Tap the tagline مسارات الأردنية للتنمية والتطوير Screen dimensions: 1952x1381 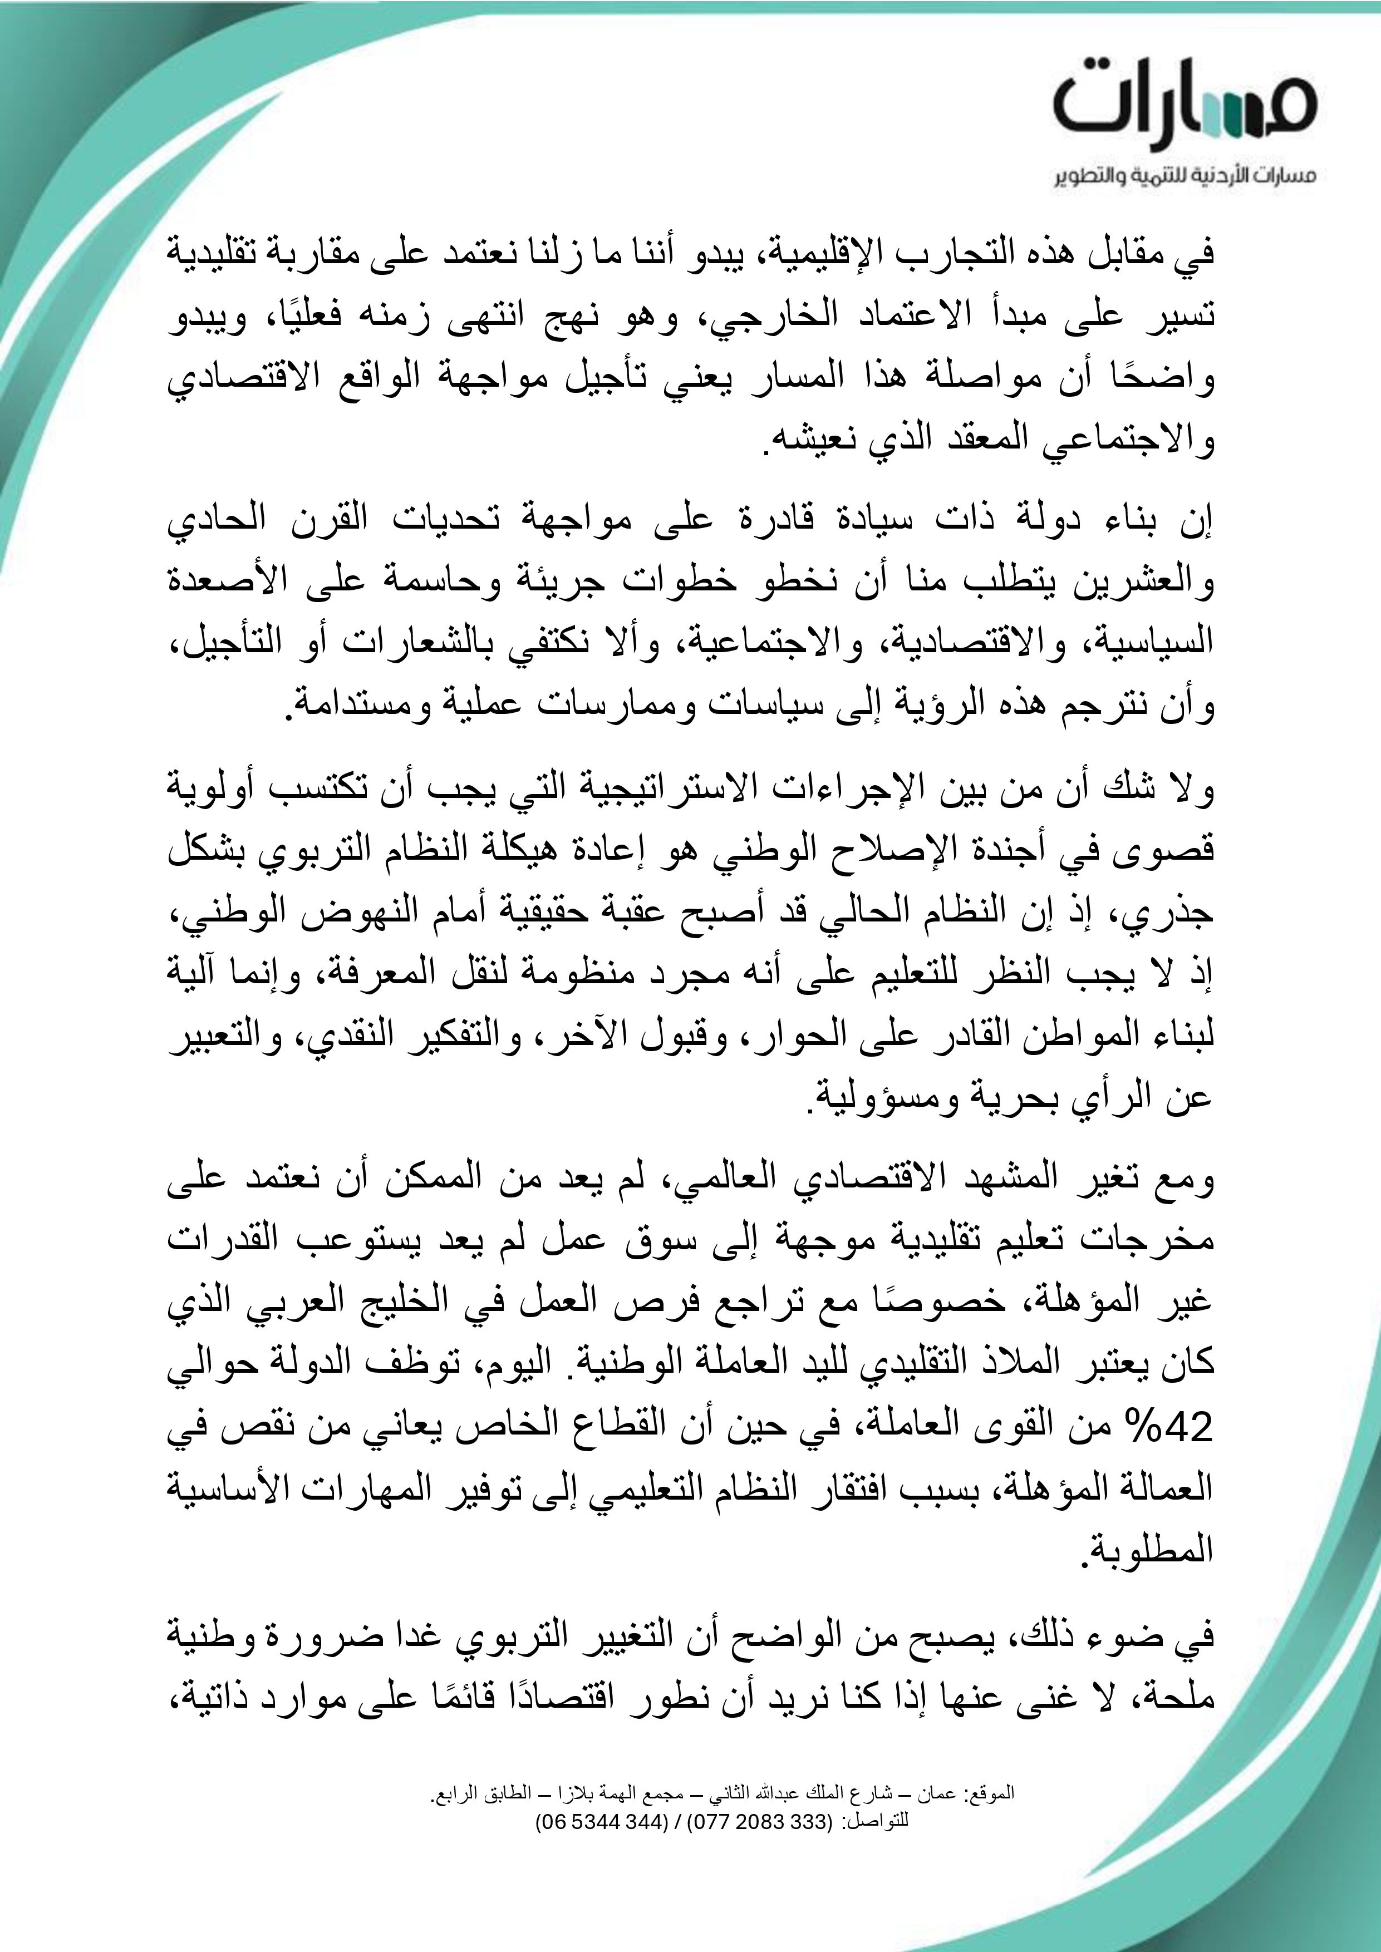point(1186,177)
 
